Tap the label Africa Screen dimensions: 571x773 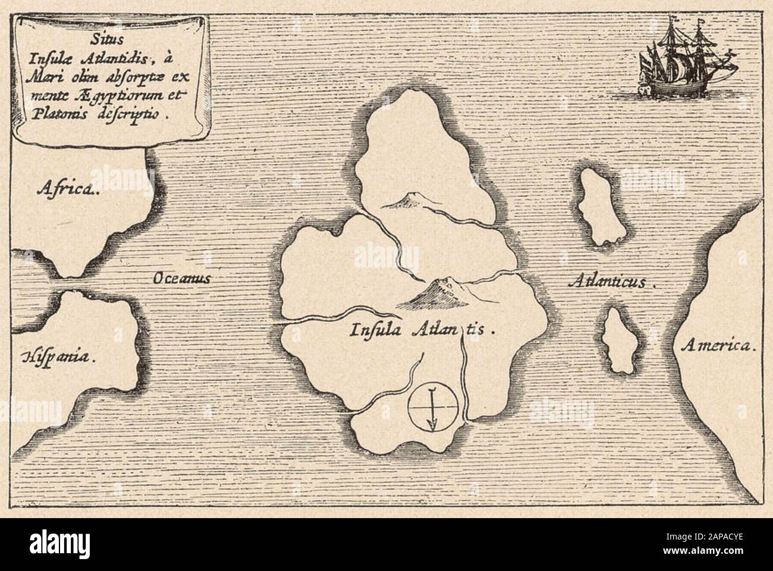66,189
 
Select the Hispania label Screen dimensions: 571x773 59,357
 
